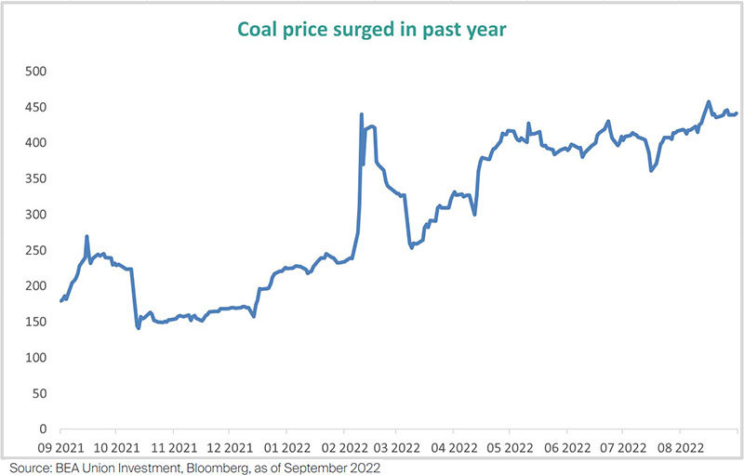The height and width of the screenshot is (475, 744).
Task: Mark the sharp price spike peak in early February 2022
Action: coord(361,114)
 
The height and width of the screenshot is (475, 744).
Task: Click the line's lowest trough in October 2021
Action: coord(139,328)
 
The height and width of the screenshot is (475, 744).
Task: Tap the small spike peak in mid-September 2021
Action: coord(86,236)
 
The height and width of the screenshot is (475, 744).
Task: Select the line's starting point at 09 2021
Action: coord(61,301)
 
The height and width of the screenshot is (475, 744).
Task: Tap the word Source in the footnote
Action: coord(25,467)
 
